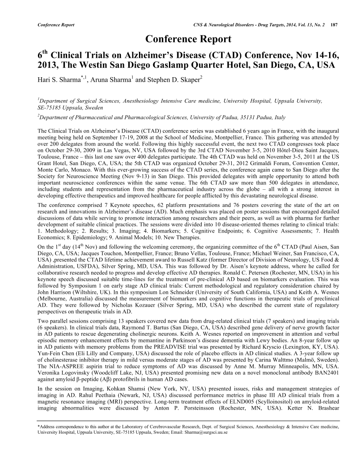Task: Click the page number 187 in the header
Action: click(334, 24)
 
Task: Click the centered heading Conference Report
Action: click(188, 39)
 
